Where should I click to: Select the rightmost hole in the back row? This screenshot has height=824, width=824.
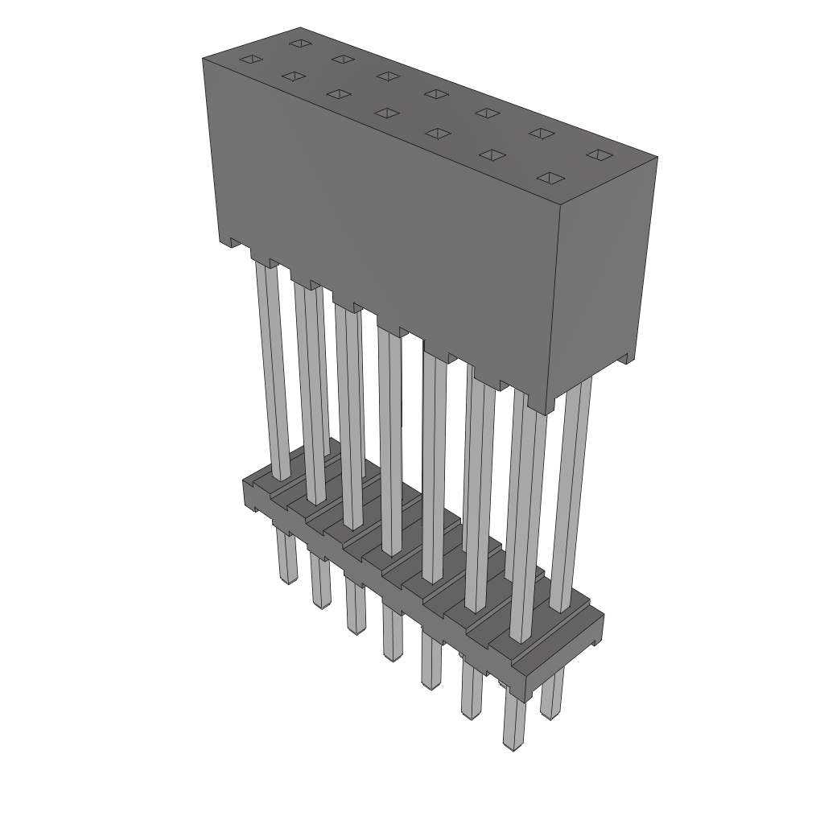[595, 154]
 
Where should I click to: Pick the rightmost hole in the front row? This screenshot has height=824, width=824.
[550, 177]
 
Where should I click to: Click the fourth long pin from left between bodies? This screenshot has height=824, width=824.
[389, 443]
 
